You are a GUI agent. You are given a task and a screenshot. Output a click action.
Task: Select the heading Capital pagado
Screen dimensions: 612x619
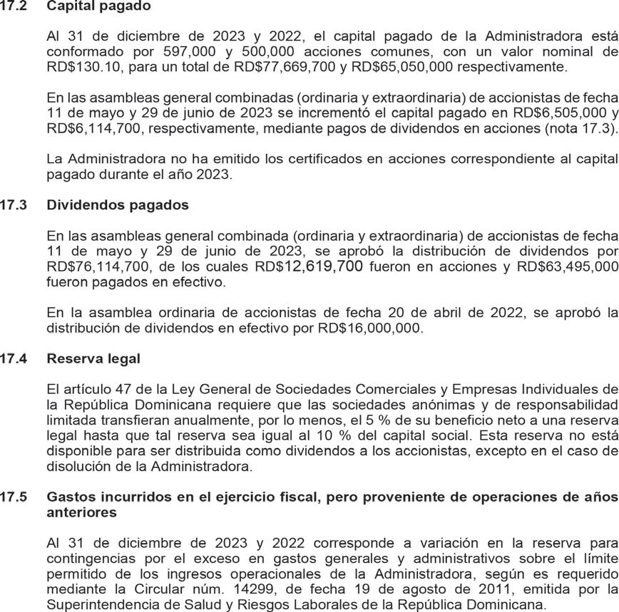coord(98,6)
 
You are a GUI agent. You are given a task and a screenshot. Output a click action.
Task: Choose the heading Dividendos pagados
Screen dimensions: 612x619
coord(118,205)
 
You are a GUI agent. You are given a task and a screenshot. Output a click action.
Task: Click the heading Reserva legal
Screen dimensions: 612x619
coord(93,358)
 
